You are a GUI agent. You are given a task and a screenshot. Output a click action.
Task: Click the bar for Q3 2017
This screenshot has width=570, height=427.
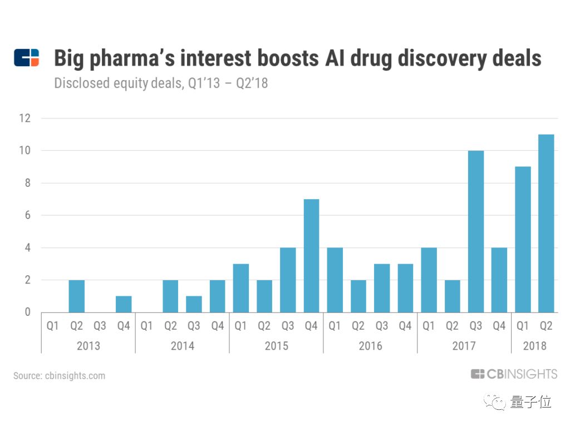click(475, 231)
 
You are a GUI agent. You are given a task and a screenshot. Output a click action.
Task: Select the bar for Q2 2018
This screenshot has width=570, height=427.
click(546, 224)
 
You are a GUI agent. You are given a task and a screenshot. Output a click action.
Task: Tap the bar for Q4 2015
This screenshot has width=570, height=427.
click(311, 256)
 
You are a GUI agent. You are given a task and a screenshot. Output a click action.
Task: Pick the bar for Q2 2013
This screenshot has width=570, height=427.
click(76, 296)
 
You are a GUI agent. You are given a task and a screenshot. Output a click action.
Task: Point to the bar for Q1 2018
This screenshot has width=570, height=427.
click(523, 240)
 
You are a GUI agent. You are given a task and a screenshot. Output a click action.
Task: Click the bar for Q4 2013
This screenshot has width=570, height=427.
click(124, 304)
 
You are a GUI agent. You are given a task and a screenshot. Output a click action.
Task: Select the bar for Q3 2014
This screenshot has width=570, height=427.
click(194, 304)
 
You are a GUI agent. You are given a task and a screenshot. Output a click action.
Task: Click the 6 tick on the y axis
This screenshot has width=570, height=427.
click(27, 215)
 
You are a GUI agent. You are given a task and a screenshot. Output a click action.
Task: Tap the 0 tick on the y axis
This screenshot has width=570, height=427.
click(27, 312)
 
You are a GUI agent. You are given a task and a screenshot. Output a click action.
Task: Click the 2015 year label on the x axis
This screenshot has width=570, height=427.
click(276, 346)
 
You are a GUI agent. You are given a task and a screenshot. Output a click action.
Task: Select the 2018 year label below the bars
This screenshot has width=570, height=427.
click(534, 346)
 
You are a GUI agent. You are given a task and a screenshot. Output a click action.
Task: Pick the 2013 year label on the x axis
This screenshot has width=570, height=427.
click(88, 346)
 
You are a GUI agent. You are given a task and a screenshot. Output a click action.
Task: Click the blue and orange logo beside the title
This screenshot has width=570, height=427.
click(27, 58)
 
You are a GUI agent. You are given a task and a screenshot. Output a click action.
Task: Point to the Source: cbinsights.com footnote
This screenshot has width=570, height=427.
click(59, 376)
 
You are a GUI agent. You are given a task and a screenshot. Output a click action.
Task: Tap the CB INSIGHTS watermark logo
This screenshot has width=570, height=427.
click(513, 374)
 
